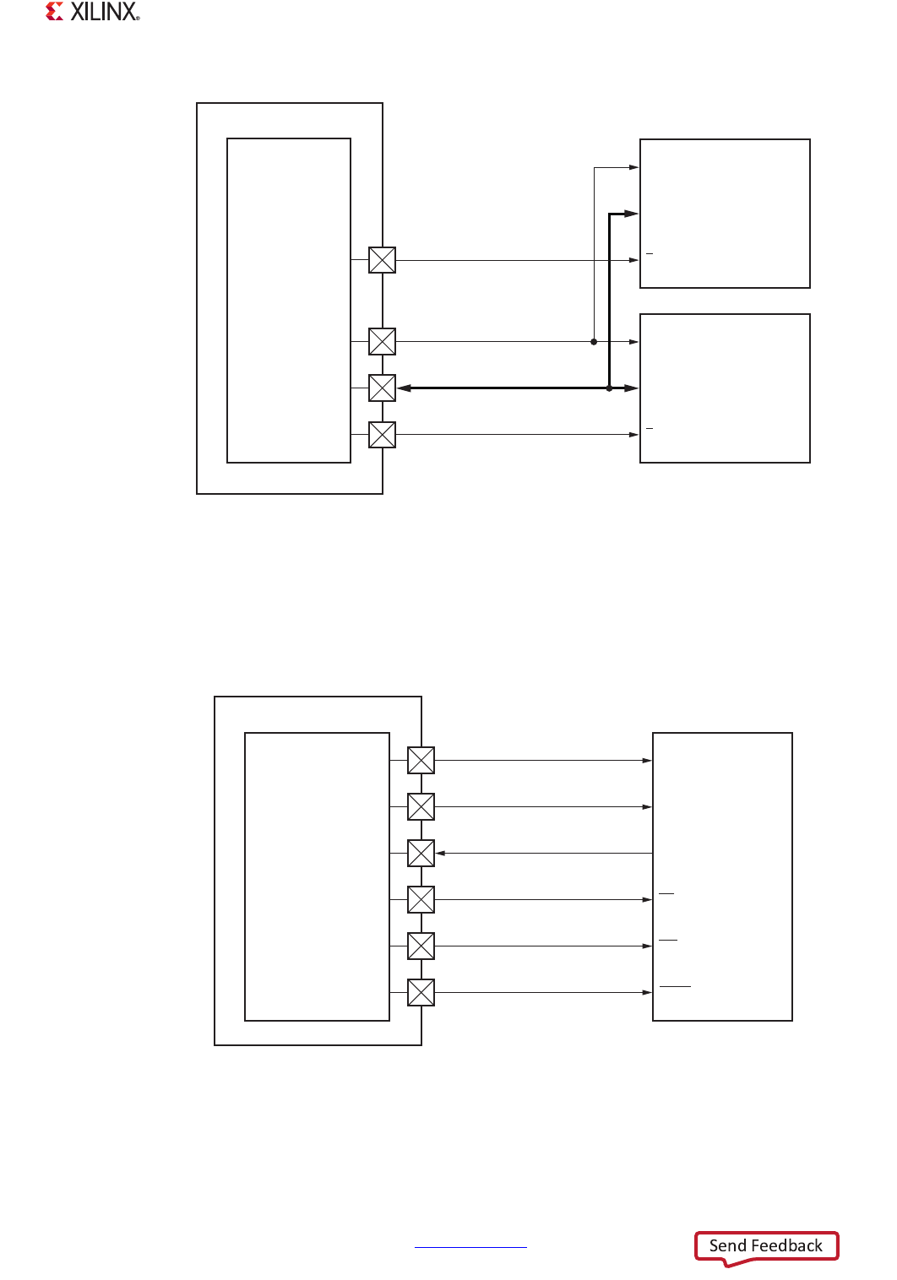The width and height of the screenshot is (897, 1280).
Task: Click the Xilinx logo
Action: pyautogui.click(x=92, y=12)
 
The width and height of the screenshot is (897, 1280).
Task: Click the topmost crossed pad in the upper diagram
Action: pyautogui.click(x=383, y=260)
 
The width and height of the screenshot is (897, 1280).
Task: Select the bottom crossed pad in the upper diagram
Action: pyautogui.click(x=383, y=435)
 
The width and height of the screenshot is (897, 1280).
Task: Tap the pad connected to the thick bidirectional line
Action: pyautogui.click(x=383, y=388)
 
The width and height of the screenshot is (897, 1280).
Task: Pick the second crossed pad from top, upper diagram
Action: pyautogui.click(x=383, y=342)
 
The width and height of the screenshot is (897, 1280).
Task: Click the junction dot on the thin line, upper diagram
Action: pyautogui.click(x=594, y=342)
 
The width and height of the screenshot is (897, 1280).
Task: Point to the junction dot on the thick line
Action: pyautogui.click(x=609, y=388)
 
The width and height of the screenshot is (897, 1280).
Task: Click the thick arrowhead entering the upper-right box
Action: pyautogui.click(x=630, y=214)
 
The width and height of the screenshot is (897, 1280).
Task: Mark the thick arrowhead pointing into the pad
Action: pyautogui.click(x=404, y=388)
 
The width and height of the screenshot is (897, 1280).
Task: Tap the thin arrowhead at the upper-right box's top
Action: pyautogui.click(x=633, y=168)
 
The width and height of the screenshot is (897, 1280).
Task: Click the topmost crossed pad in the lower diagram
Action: pyautogui.click(x=421, y=761)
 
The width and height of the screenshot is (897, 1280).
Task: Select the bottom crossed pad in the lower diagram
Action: pyautogui.click(x=421, y=993)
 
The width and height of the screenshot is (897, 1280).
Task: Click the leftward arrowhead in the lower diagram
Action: pyautogui.click(x=441, y=854)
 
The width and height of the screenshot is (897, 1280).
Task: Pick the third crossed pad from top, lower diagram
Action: pyautogui.click(x=421, y=854)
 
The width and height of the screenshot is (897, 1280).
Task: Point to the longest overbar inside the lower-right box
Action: pyautogui.click(x=675, y=986)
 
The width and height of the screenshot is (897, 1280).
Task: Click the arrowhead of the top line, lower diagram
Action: pyautogui.click(x=647, y=761)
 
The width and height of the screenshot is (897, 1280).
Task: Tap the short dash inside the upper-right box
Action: pyautogui.click(x=650, y=253)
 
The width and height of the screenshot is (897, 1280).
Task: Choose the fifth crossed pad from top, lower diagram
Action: pyautogui.click(x=421, y=946)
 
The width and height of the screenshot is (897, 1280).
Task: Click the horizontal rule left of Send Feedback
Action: pyautogui.click(x=470, y=1247)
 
